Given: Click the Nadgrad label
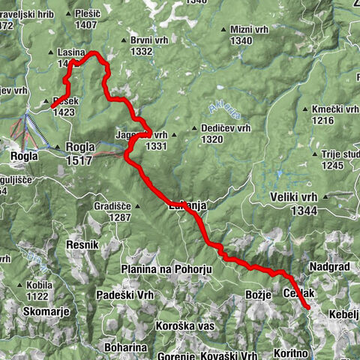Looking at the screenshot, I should tap(326, 266).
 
